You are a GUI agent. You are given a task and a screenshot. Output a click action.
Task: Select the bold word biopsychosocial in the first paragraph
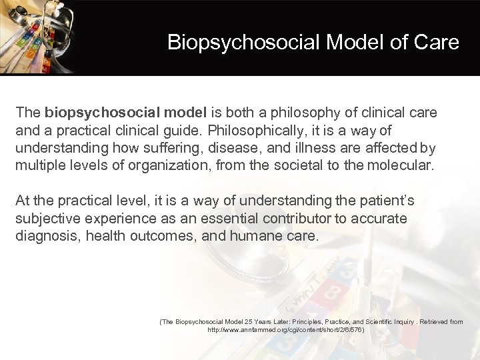click(91, 113)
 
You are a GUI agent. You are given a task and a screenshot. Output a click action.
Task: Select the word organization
click(169, 165)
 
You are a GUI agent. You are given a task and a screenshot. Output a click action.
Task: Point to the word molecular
click(401, 165)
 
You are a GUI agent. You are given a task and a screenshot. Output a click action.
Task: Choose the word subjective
click(47, 218)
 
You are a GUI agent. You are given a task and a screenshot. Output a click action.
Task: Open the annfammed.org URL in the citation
click(285, 330)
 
